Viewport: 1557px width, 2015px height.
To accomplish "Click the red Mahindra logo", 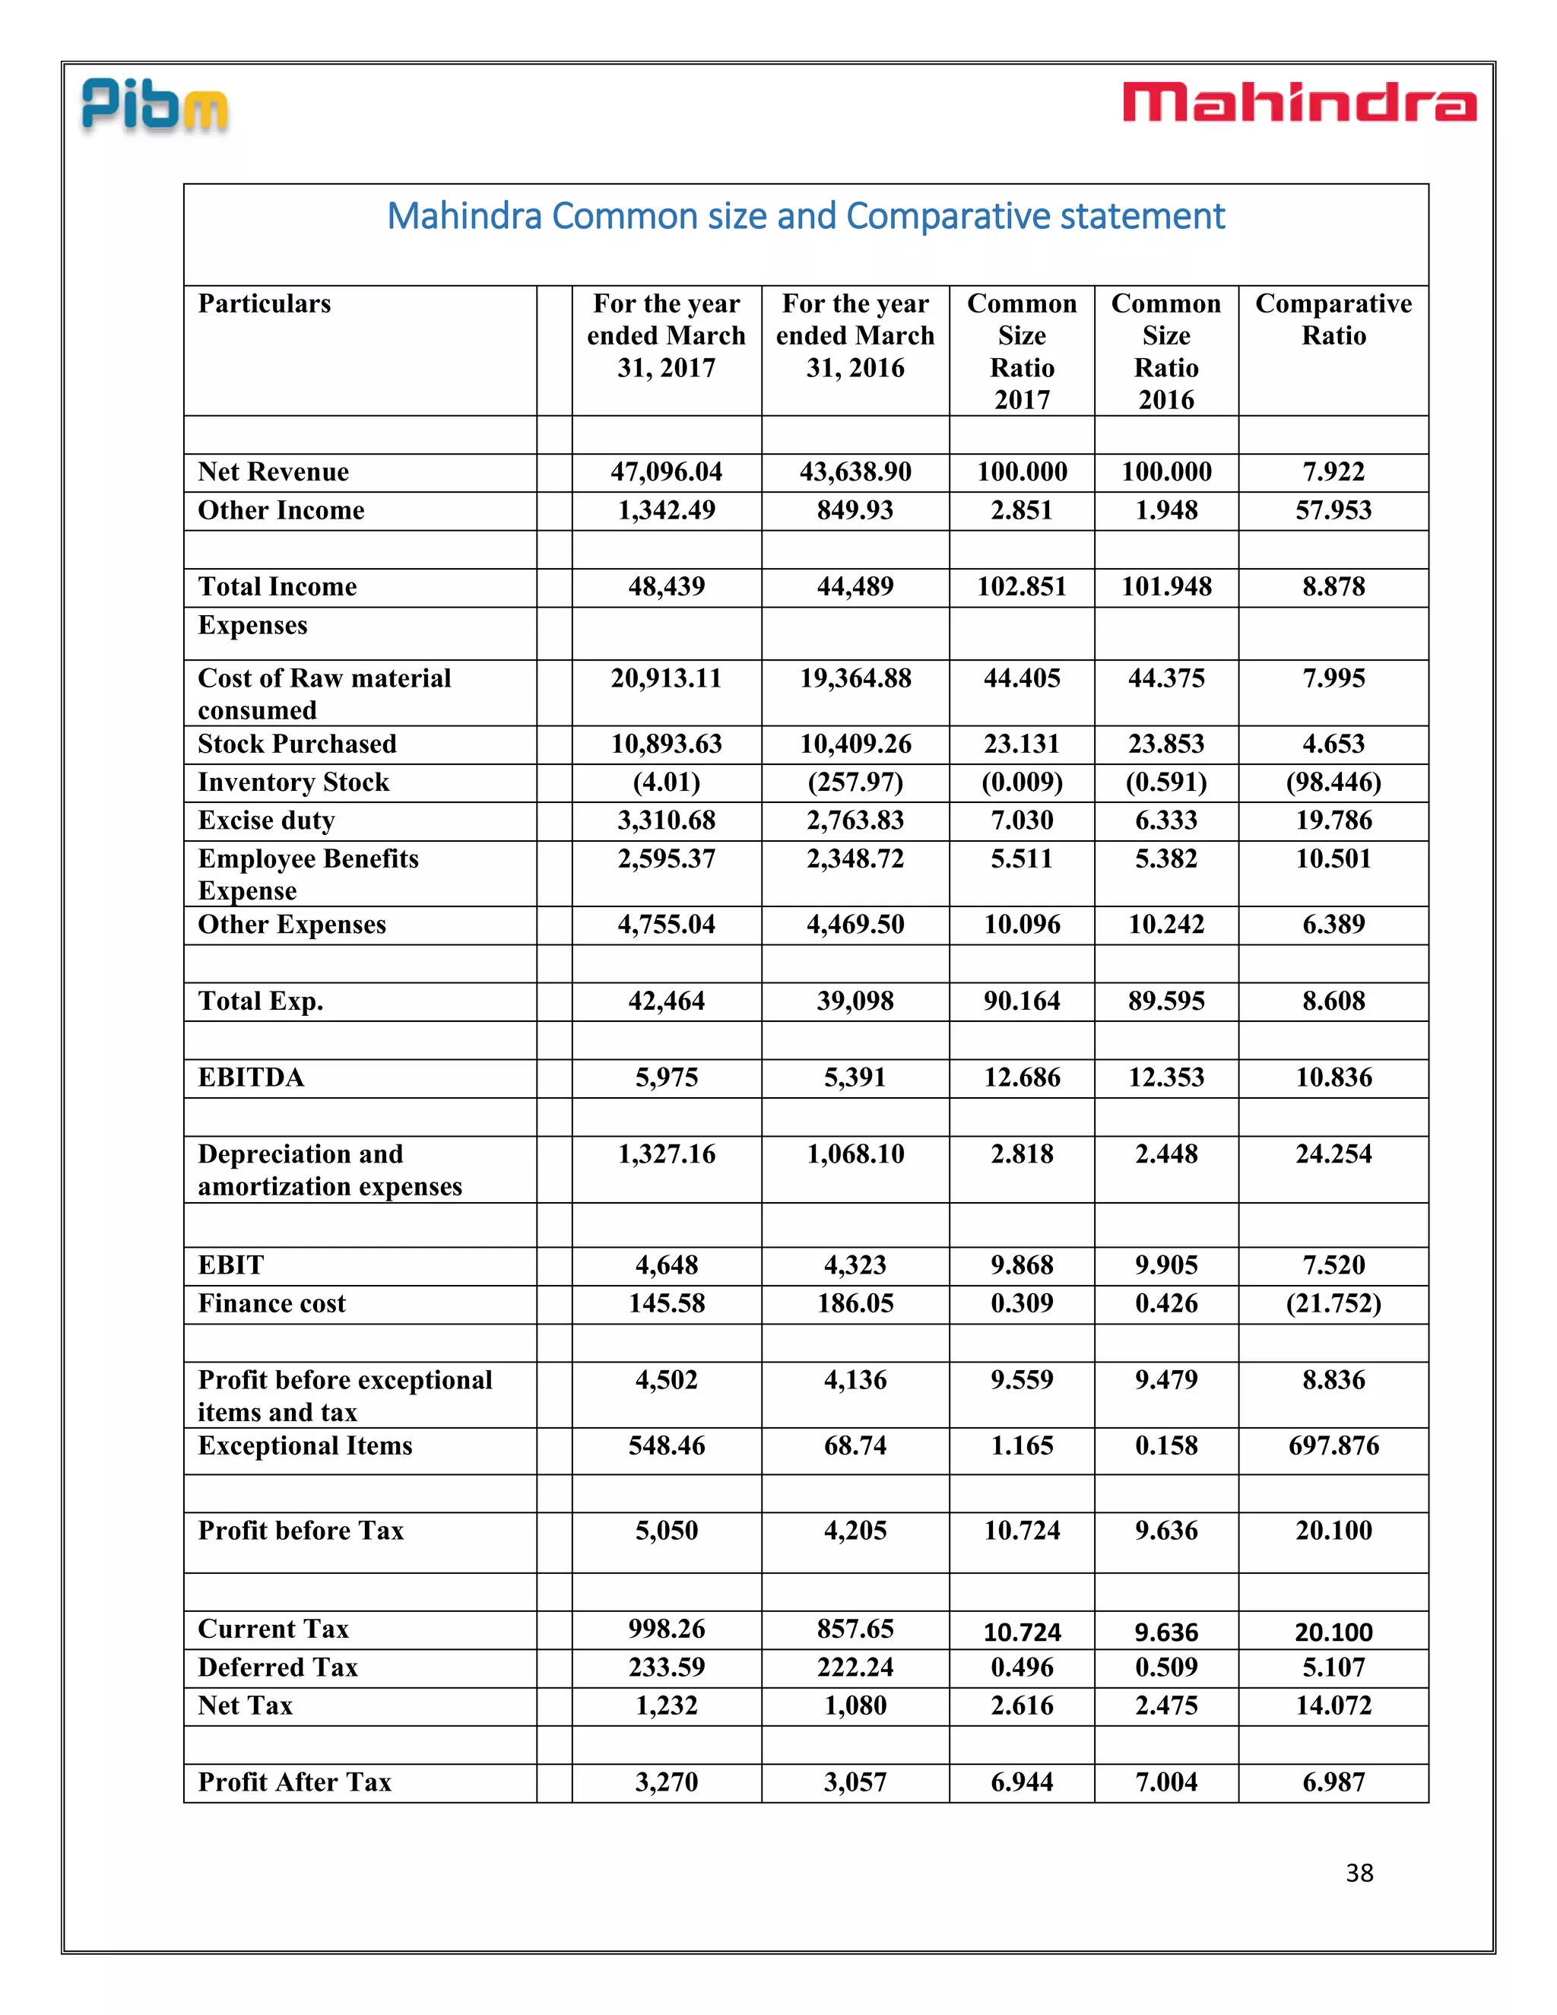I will [x=1299, y=103].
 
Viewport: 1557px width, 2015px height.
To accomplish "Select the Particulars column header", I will [x=264, y=303].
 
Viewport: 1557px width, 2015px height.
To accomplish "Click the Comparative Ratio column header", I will [x=1333, y=319].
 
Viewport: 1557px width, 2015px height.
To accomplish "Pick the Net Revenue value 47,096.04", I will [x=666, y=471].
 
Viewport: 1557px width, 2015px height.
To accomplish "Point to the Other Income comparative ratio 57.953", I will [x=1333, y=510].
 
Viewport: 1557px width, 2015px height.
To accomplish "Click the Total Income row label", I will [x=277, y=587].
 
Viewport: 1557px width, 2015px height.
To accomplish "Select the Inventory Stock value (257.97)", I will [x=855, y=782].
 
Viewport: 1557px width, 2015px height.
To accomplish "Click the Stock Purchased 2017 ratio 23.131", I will [x=1021, y=744].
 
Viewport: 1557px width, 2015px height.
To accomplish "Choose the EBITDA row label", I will [x=251, y=1077].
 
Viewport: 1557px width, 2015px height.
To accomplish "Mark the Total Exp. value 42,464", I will [x=666, y=1001].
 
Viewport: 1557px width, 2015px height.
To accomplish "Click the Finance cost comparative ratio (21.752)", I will [x=1333, y=1303].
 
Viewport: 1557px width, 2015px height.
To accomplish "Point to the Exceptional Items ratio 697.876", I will [x=1333, y=1445].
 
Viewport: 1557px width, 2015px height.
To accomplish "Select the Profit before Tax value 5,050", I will [x=666, y=1531].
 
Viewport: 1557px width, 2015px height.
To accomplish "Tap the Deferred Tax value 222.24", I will [x=855, y=1668].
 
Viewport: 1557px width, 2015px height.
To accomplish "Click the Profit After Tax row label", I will [x=294, y=1782].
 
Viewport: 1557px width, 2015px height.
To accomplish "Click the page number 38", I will [x=1359, y=1873].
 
